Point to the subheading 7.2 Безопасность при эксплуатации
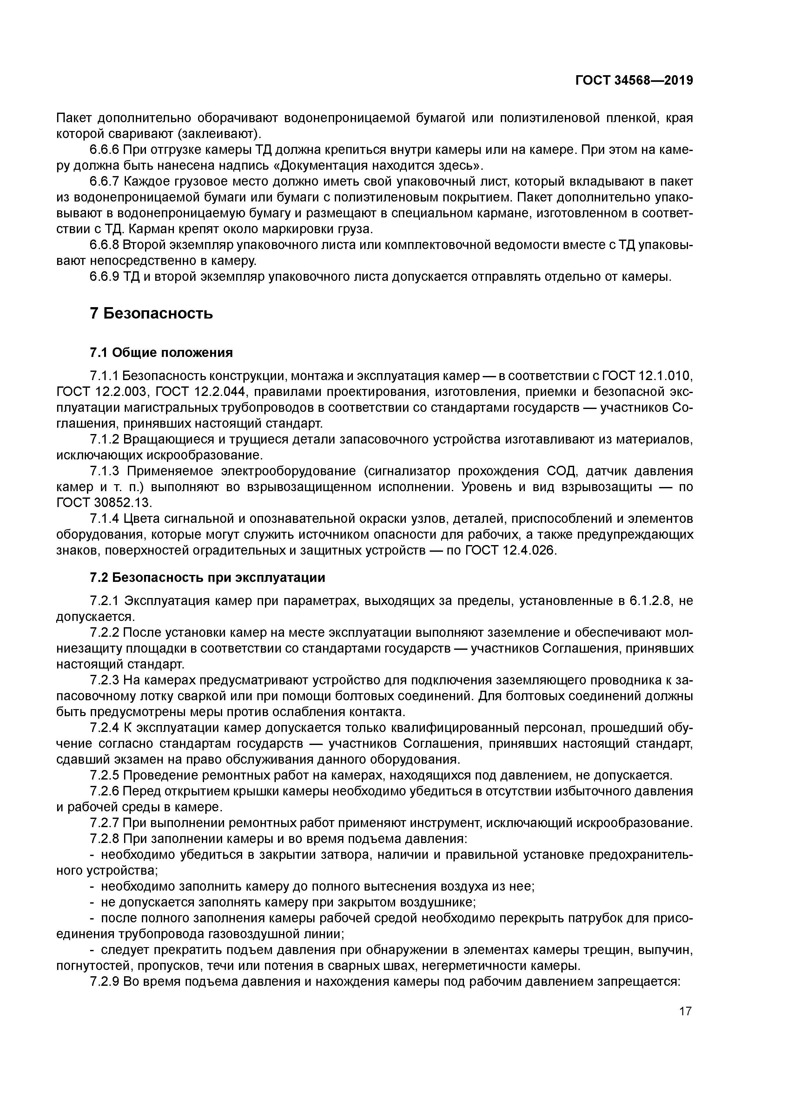(x=208, y=577)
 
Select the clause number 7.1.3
(x=104, y=471)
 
